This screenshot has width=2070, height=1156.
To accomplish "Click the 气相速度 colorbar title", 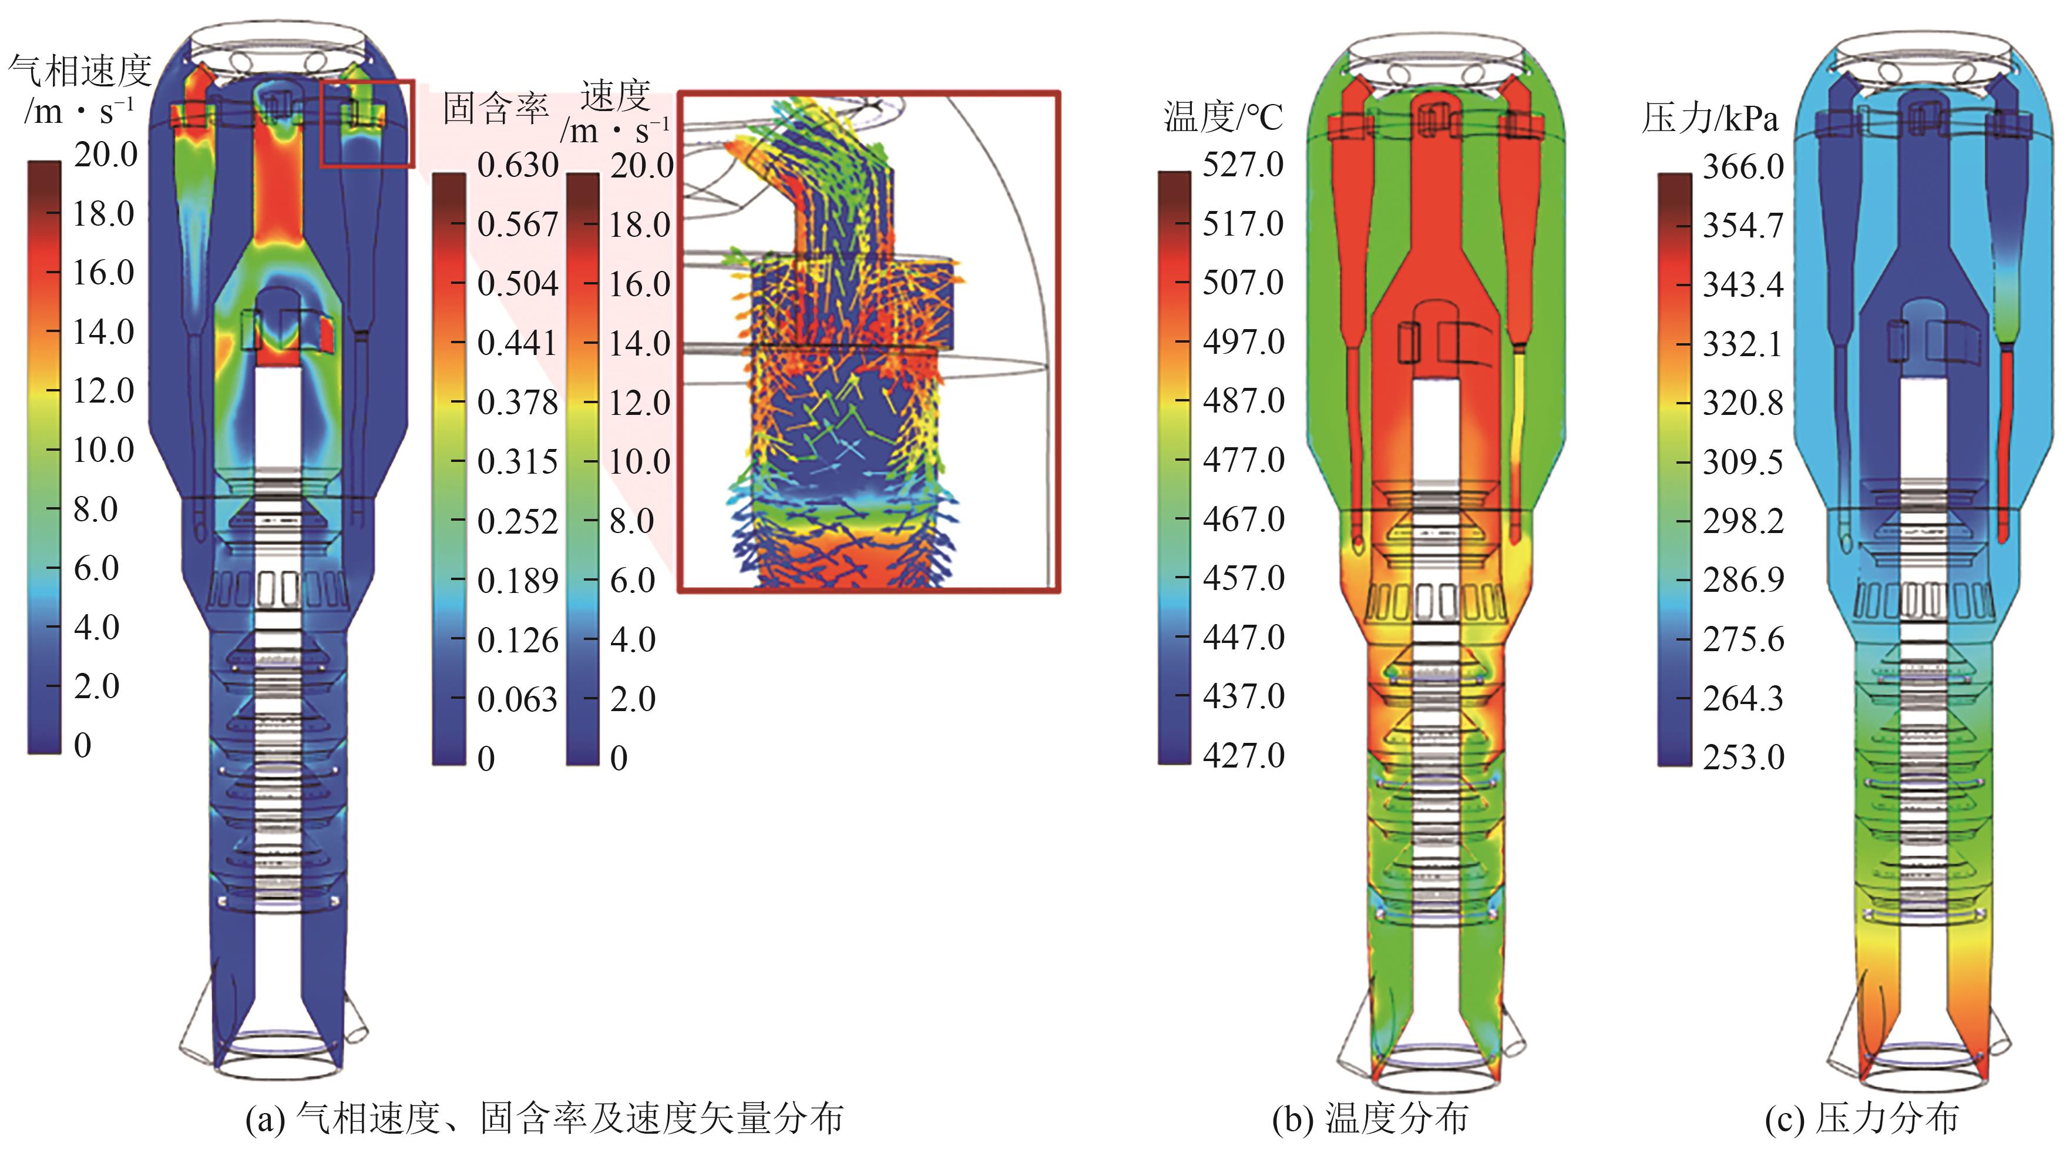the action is point(79,71).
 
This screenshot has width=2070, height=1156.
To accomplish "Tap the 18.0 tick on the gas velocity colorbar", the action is point(103,214).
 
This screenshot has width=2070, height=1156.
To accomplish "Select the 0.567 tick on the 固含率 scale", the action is point(517,225).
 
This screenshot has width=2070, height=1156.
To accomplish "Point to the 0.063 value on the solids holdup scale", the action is point(517,699).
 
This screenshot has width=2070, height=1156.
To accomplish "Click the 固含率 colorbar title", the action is point(496,108).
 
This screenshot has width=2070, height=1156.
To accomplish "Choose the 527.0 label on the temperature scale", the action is point(1243,165).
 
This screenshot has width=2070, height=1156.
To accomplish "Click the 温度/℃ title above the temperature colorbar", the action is point(1223,118).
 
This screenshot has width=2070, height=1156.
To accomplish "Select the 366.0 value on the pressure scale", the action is point(1743,167).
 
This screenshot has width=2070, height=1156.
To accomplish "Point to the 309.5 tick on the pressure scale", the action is point(1743,463).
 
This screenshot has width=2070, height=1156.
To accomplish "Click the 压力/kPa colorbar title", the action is point(1710,118).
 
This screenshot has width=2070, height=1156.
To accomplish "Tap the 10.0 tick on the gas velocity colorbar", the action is point(103,450).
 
